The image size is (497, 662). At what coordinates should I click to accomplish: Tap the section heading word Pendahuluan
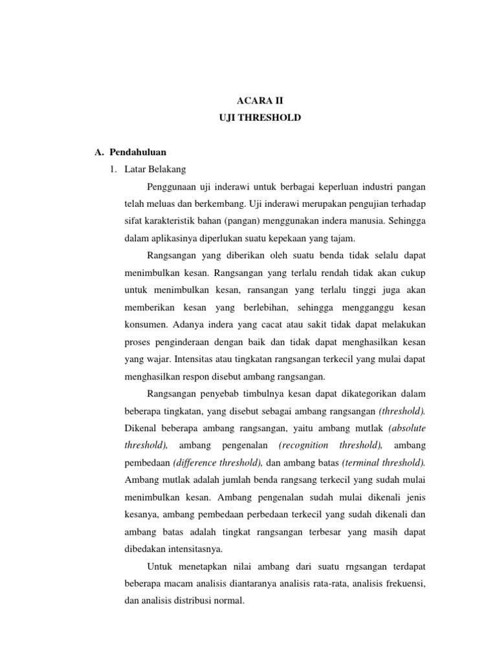click(x=137, y=153)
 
